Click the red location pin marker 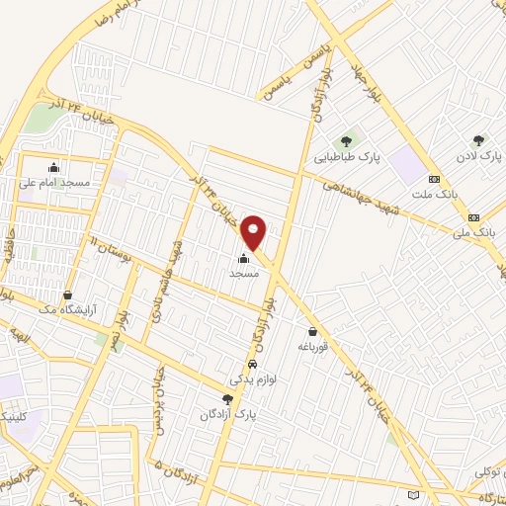point(255,232)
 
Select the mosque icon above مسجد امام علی point(53,167)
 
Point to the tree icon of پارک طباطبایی point(346,140)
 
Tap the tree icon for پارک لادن point(479,140)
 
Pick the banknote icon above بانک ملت point(434,179)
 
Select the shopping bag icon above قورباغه point(313,332)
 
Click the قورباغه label point(312,347)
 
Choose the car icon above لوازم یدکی point(252,365)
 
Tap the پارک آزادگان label point(225,414)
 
